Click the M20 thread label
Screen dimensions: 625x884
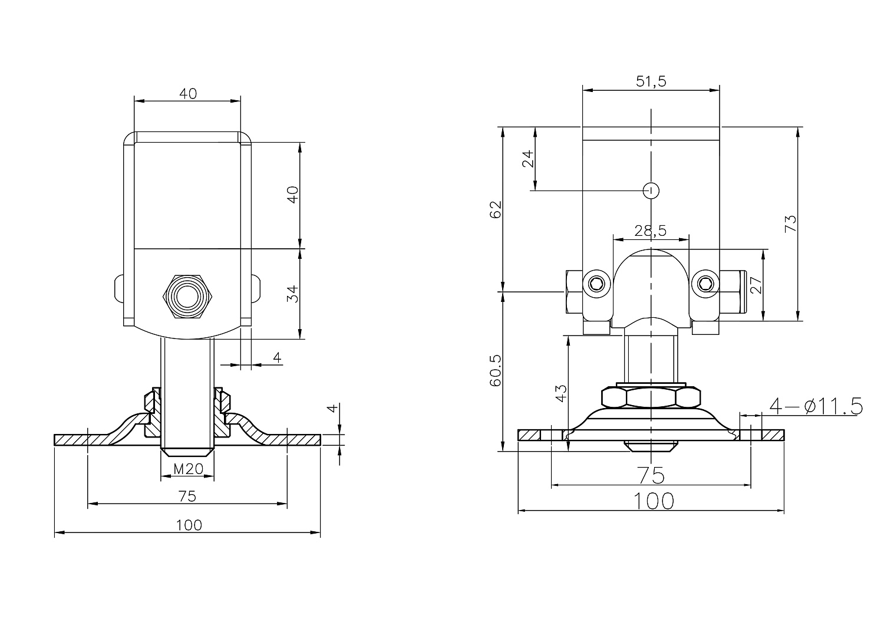[189, 469]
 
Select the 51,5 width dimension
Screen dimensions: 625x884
[651, 82]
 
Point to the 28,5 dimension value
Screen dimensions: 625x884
[651, 231]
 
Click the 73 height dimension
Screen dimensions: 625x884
[790, 223]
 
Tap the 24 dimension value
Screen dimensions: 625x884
[528, 158]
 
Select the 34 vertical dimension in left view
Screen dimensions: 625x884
[293, 293]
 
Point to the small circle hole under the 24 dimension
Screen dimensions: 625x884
[651, 190]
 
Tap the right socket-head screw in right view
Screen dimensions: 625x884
[705, 285]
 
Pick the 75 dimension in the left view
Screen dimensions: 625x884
[187, 496]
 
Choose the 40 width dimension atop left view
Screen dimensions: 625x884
[188, 93]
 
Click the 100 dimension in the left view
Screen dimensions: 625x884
[189, 525]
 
